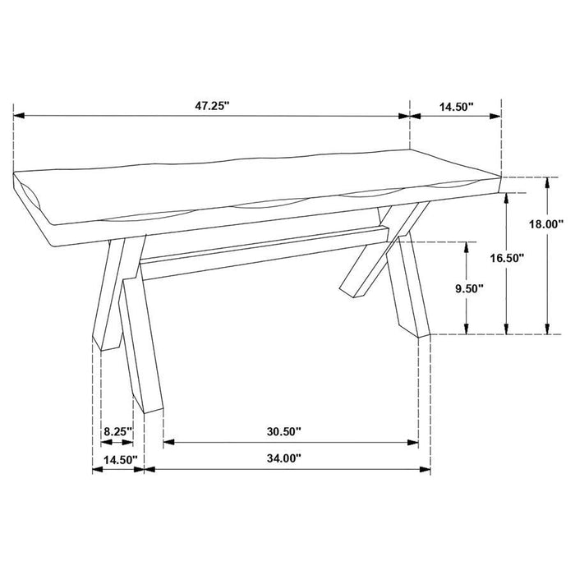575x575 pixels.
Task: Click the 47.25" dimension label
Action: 211,105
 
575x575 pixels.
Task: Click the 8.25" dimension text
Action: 117,430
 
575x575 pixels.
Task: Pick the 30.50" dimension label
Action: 285,430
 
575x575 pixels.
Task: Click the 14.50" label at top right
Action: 455,105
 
